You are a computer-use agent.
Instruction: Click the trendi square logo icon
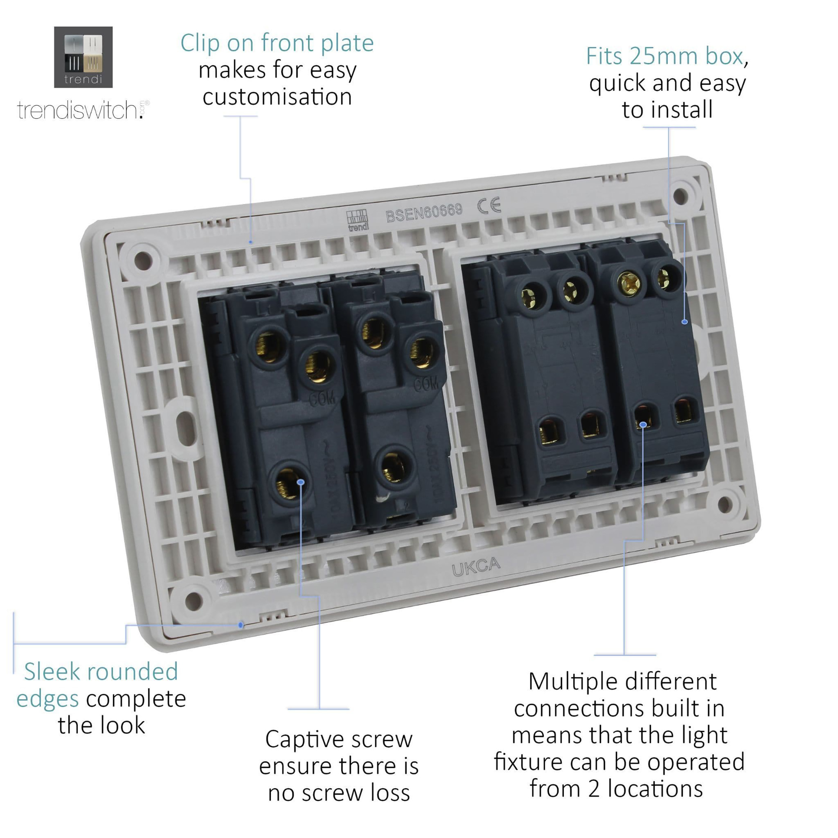83,57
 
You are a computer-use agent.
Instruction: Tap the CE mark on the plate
489,205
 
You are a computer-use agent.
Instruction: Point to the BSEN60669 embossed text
424,213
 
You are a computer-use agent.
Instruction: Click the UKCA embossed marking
476,566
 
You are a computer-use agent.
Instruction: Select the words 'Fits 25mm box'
664,56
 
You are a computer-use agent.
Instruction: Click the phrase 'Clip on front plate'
277,43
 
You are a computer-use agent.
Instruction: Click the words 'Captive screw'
339,739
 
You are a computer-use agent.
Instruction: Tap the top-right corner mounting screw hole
680,196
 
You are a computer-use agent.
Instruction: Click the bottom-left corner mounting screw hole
193,601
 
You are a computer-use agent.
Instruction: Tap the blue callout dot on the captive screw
301,482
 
